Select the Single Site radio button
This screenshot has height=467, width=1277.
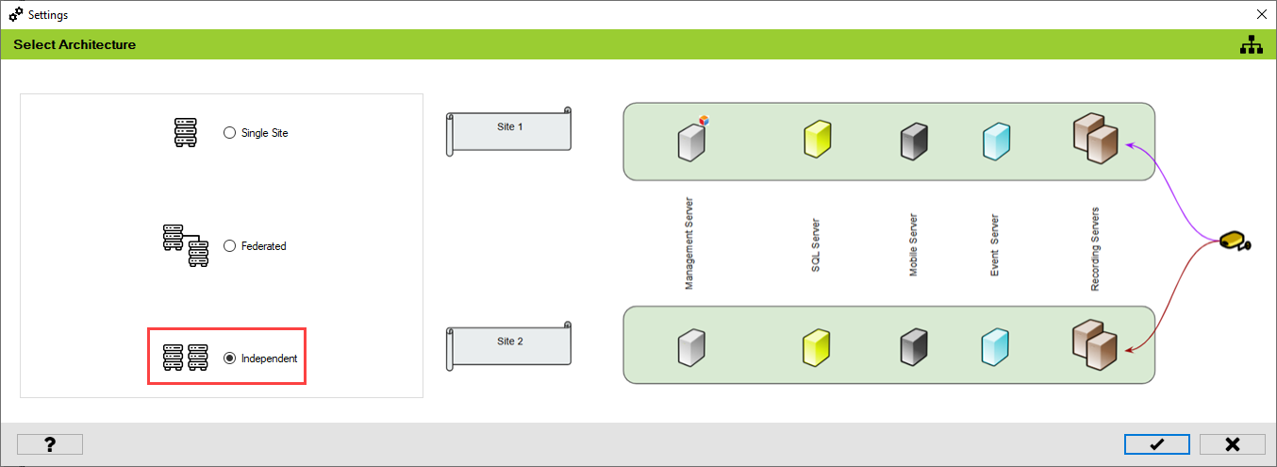pos(229,133)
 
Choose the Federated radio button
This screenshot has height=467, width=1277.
pos(229,246)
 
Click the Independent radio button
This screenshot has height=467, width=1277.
pos(229,359)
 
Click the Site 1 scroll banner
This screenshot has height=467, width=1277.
pos(509,130)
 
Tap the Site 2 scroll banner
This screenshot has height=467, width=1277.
pos(509,345)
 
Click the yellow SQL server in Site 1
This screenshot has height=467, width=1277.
pos(817,140)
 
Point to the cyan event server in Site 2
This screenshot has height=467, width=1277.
pos(995,346)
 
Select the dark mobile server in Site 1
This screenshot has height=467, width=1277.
pos(914,141)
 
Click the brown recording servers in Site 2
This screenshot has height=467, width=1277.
pos(1095,347)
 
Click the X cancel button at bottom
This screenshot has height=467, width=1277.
pos(1232,444)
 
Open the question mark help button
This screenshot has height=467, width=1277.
pos(50,444)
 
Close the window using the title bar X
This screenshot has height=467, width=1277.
pos(1262,14)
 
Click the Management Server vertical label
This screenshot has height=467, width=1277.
pos(689,243)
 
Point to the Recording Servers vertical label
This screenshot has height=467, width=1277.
pos(1095,248)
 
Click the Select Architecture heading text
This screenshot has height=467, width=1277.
pos(75,44)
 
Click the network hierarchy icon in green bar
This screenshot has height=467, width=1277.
pos(1251,44)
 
